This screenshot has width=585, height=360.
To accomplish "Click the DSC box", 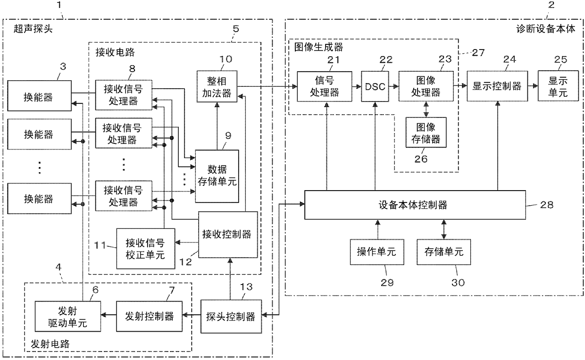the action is click(375, 86).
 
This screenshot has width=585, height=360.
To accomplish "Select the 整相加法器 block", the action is click(217, 86).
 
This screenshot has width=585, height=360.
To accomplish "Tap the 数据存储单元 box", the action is click(217, 176).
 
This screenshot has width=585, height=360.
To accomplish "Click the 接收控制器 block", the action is click(228, 234).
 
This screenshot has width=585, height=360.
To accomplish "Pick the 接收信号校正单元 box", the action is click(145, 249).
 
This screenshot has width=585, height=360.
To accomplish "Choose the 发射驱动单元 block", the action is click(67, 317).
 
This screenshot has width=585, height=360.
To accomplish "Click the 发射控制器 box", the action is click(149, 317).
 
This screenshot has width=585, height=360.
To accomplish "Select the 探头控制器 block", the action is click(231, 317).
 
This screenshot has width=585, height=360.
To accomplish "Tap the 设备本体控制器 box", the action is click(415, 205).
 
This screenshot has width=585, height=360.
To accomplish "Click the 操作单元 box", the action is click(377, 252).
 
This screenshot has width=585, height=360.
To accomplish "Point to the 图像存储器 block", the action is click(426, 133).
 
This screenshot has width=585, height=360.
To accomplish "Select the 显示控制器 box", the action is click(497, 86).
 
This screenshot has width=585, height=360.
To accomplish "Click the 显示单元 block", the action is click(558, 86).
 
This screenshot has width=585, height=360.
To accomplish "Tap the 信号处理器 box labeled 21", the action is click(325, 86).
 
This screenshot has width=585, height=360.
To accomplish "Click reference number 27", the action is click(478, 53).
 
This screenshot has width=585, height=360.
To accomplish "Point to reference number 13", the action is click(246, 287).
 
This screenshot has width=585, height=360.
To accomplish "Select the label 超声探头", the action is click(33, 29).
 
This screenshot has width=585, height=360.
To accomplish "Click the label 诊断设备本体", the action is click(546, 29).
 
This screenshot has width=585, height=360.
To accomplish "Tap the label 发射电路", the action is click(50, 344).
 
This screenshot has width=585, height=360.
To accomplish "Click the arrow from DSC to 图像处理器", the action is click(393, 86).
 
